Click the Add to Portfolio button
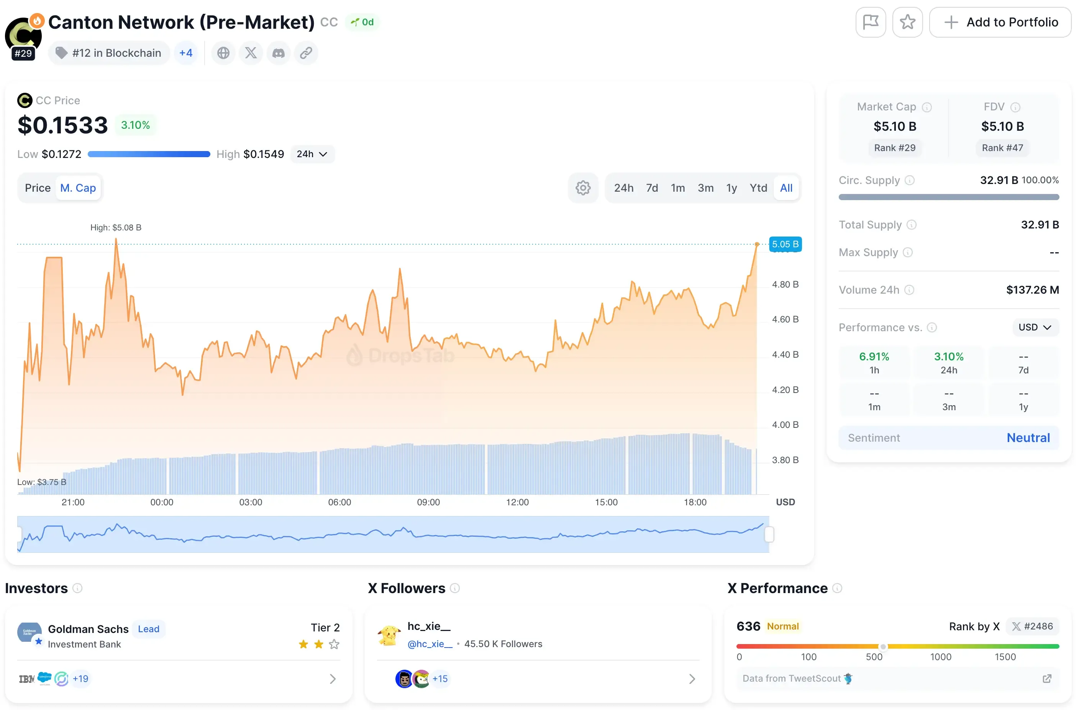tap(1000, 22)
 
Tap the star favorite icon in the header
tap(907, 22)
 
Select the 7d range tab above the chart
tap(651, 188)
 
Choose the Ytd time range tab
tap(758, 188)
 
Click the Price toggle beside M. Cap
tap(38, 188)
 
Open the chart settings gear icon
tap(582, 188)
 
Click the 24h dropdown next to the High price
tap(312, 154)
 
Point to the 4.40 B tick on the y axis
tap(785, 354)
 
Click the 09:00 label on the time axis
tap(428, 502)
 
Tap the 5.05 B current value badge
tap(785, 244)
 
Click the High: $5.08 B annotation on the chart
tap(116, 227)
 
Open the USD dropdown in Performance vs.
tap(1035, 327)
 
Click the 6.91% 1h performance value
tap(874, 357)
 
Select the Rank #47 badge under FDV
tap(1002, 148)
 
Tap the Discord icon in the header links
tap(278, 53)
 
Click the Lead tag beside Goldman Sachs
tap(149, 629)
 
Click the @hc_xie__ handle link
tap(430, 644)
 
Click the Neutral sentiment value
tap(1028, 438)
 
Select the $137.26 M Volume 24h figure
tap(1032, 290)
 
